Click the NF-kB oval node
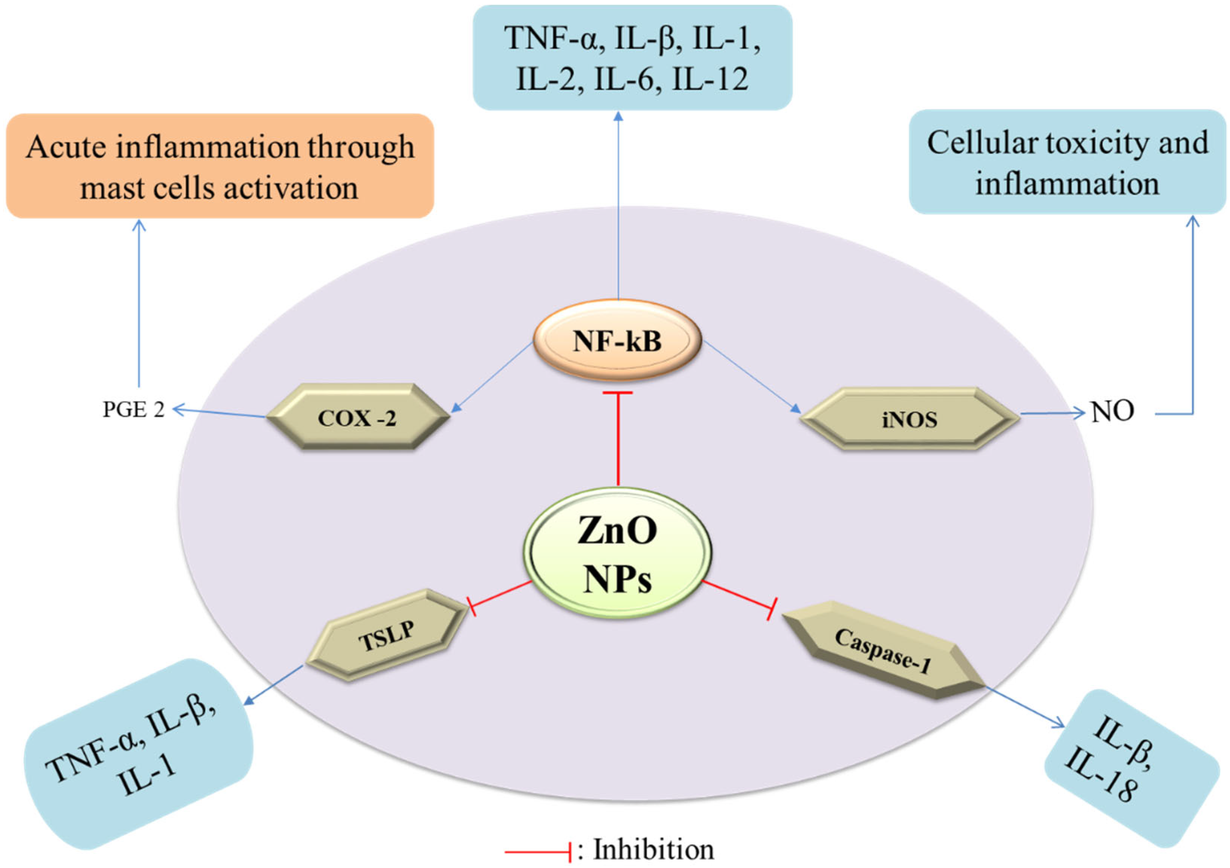pyautogui.click(x=617, y=341)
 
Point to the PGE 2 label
pyautogui.click(x=133, y=410)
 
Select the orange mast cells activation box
pyautogui.click(x=220, y=166)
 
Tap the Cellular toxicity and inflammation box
pyautogui.click(x=1067, y=162)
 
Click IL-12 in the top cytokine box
pyautogui.click(x=710, y=79)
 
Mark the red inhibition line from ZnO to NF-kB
pyautogui.click(x=618, y=439)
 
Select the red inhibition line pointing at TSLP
pyautogui.click(x=501, y=594)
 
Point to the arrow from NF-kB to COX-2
pyautogui.click(x=493, y=377)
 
